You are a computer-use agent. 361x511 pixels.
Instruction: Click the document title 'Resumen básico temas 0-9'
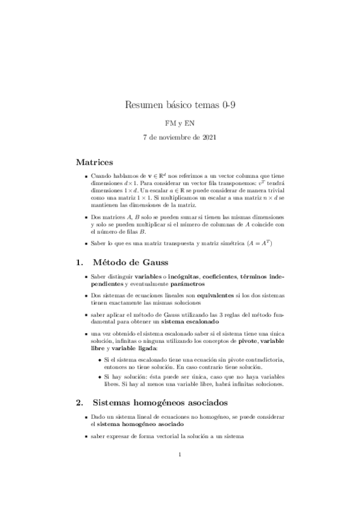pyautogui.click(x=180, y=106)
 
